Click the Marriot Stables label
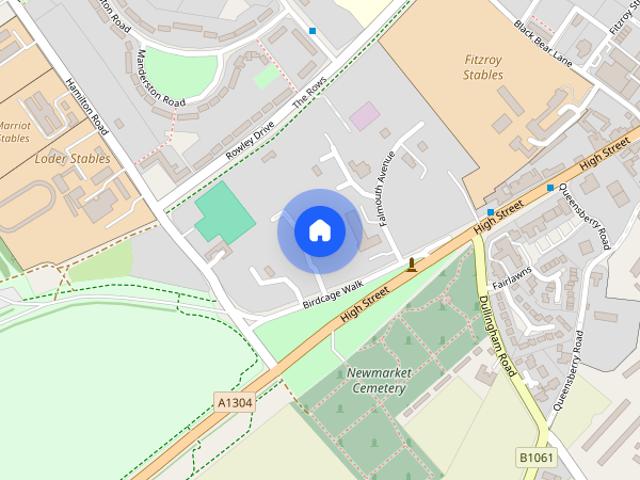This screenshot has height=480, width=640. click(14, 132)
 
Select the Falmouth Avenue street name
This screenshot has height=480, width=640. click(385, 185)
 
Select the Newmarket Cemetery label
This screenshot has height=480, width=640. click(376, 381)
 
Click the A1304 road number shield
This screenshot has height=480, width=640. click(235, 403)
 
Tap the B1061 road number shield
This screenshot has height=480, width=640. click(535, 457)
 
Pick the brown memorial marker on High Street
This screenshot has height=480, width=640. click(411, 264)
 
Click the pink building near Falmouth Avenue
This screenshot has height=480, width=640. click(364, 115)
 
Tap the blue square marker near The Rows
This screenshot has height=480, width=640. click(313, 31)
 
